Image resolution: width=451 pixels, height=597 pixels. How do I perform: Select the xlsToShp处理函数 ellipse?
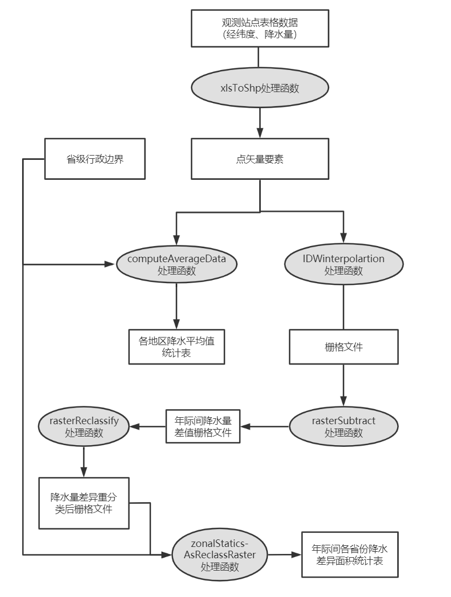(260, 88)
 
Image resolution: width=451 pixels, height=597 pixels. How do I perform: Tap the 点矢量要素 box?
(260, 159)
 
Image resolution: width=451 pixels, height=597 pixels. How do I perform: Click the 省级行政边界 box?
(95, 159)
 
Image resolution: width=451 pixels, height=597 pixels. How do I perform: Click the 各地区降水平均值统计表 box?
(176, 347)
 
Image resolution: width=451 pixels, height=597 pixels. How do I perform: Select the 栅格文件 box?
(343, 347)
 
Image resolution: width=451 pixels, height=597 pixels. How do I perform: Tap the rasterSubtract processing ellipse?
(343, 426)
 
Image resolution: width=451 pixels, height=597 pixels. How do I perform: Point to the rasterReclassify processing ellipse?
(84, 426)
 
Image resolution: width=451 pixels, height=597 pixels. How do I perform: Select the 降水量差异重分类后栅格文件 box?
(84, 503)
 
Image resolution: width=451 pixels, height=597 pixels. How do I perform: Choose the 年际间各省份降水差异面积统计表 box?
(350, 554)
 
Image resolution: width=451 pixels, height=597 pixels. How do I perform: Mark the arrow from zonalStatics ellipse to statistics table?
(286, 554)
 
